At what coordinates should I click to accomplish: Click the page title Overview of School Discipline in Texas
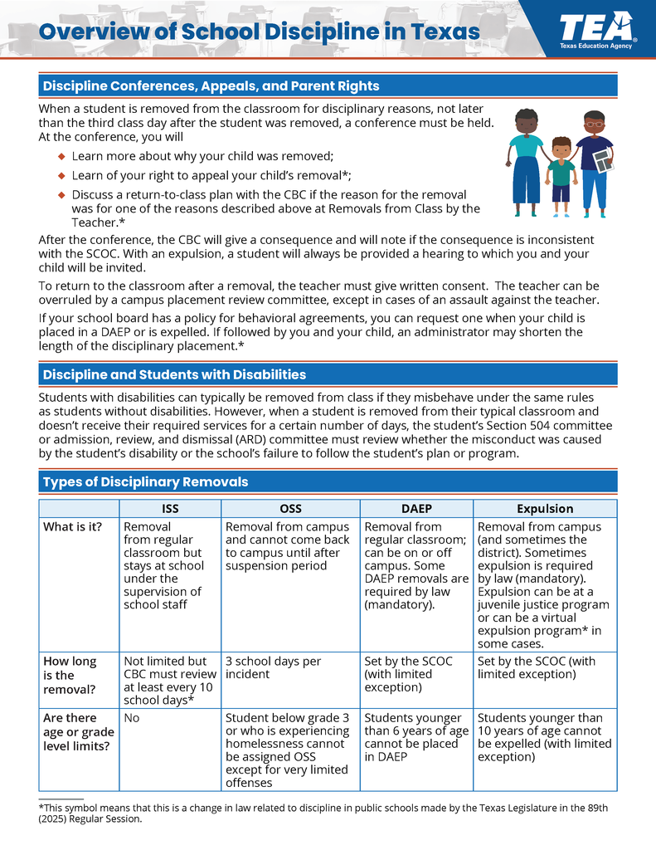coord(260,32)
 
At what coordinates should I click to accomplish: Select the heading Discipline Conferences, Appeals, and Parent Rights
coord(211,86)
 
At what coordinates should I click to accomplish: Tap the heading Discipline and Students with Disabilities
coord(174,374)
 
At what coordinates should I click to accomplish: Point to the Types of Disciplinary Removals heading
coord(145,481)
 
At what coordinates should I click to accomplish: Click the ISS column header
coord(170,509)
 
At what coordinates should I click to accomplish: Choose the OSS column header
coord(290,509)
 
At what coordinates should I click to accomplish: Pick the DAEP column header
coord(415,509)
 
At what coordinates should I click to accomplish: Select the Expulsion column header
coord(544,509)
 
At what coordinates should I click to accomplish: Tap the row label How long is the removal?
coord(70,675)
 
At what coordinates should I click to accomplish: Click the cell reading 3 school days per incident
coord(273,667)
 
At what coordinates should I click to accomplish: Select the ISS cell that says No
coord(132,718)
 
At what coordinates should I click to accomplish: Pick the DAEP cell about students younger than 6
coord(416,737)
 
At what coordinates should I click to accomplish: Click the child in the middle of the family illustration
coord(561,171)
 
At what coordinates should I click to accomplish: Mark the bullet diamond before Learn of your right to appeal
coord(61,175)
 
